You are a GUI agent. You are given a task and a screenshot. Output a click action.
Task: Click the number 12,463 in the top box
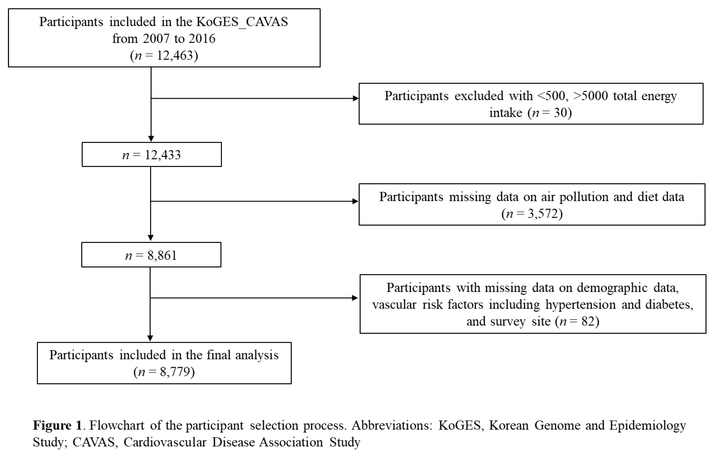point(175,56)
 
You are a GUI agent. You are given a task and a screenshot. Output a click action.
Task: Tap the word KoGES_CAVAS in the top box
point(242,22)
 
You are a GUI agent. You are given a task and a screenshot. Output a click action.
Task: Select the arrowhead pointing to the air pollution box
point(355,201)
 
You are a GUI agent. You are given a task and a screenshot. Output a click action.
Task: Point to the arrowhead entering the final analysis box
point(150,338)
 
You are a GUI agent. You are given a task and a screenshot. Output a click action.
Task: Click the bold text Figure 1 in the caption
point(57,425)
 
